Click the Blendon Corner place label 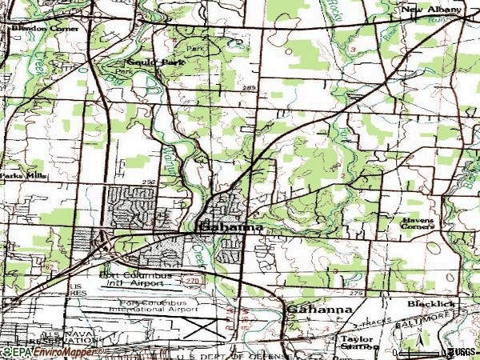click(45, 28)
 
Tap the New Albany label click(433, 10)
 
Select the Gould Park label click(145, 61)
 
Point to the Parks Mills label click(24, 175)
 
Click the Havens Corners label click(418, 222)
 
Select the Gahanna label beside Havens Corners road click(230, 227)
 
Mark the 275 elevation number click(355, 295)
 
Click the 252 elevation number click(148, 182)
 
